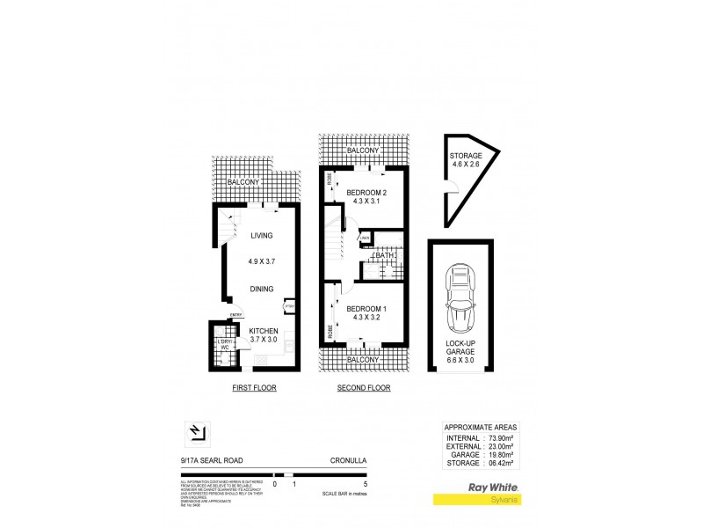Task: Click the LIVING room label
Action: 261,236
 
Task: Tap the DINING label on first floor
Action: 261,289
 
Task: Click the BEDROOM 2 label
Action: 363,192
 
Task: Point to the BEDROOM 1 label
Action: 363,309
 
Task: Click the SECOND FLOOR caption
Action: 364,388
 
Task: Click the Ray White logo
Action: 493,487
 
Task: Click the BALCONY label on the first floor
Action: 243,182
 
